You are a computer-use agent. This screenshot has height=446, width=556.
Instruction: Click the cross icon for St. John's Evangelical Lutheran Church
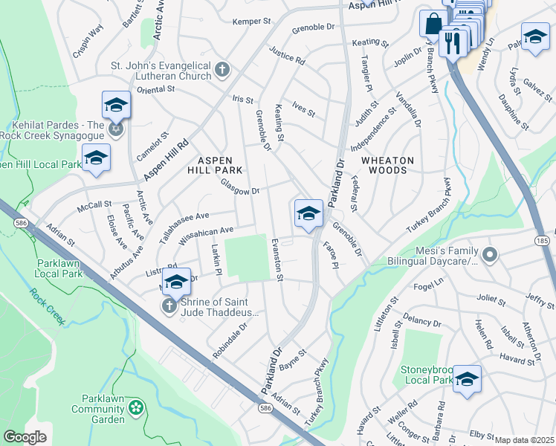pyautogui.click(x=222, y=71)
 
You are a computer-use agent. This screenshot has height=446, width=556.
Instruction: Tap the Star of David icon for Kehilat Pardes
pyautogui.click(x=115, y=130)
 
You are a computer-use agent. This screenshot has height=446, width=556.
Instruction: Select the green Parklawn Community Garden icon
pyautogui.click(x=135, y=407)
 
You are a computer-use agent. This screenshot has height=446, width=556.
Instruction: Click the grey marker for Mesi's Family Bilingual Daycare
pyautogui.click(x=489, y=255)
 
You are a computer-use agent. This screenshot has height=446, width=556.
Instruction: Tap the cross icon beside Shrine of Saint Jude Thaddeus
pyautogui.click(x=169, y=306)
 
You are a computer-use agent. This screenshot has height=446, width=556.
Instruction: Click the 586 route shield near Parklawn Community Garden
pyautogui.click(x=265, y=408)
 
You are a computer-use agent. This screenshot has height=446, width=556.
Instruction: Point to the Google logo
pyautogui.click(x=25, y=437)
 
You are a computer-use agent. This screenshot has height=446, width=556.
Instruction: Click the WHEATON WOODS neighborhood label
pyautogui.click(x=384, y=165)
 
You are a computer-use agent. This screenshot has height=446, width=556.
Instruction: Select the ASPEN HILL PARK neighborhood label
pyautogui.click(x=215, y=165)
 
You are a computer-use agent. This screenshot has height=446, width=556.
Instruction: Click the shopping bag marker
pyautogui.click(x=433, y=24)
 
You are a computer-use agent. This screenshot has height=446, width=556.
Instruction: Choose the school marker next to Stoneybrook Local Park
pyautogui.click(x=467, y=379)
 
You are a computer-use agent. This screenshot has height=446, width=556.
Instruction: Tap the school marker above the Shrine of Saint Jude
pyautogui.click(x=177, y=282)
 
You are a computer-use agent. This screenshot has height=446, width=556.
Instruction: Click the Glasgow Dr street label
pyautogui.click(x=239, y=190)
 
